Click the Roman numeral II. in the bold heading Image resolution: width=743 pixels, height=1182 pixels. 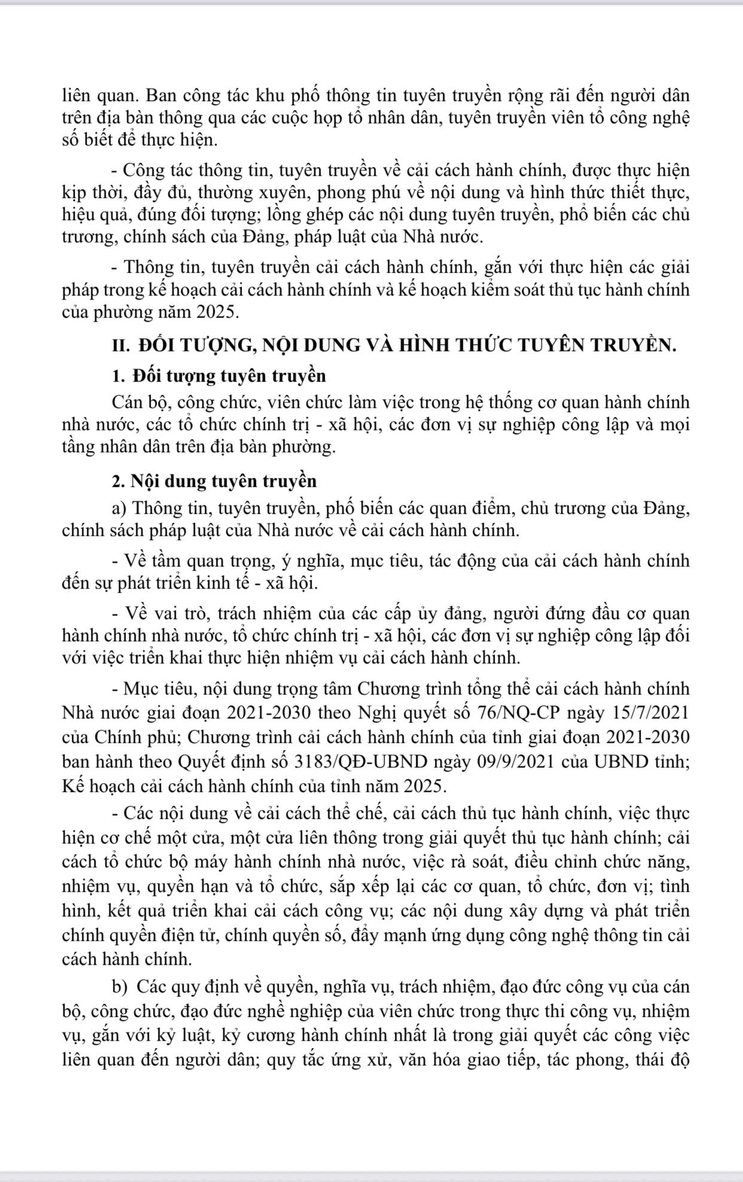(121, 345)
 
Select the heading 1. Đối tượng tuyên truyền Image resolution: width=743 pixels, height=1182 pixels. (219, 376)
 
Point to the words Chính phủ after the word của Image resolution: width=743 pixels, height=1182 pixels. (141, 737)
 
